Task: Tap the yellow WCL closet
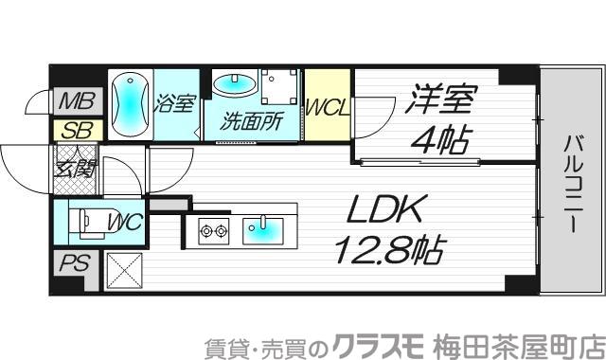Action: (x=328, y=105)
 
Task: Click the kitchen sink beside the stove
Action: (x=261, y=227)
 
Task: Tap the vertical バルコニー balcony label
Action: (x=573, y=186)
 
